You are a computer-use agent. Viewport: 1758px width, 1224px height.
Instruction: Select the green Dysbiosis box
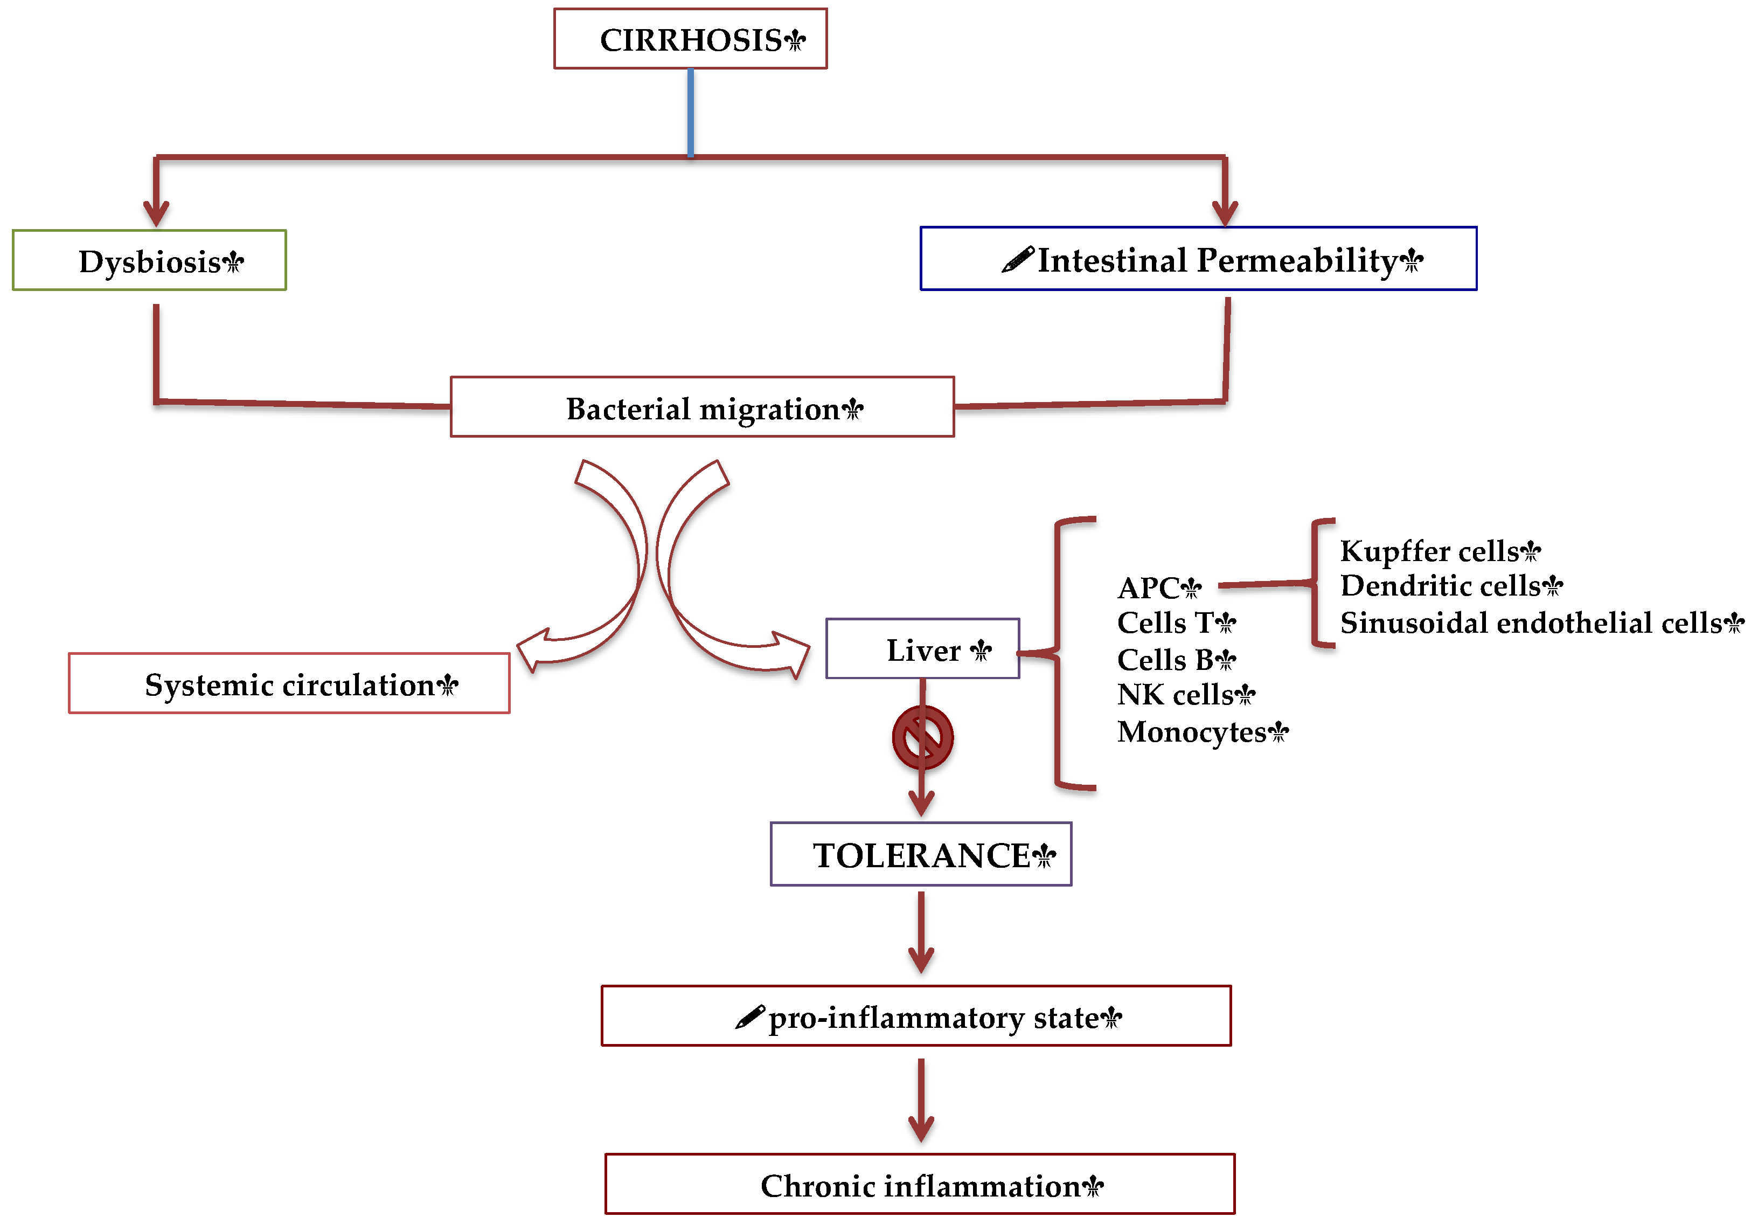click(149, 260)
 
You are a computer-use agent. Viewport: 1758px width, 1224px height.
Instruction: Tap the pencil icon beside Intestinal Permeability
click(1018, 260)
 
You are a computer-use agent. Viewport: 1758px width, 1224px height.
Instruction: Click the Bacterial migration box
click(701, 407)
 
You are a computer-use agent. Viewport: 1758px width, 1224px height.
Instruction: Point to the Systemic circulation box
click(289, 683)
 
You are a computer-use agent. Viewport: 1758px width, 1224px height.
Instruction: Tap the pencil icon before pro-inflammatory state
click(749, 1017)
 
